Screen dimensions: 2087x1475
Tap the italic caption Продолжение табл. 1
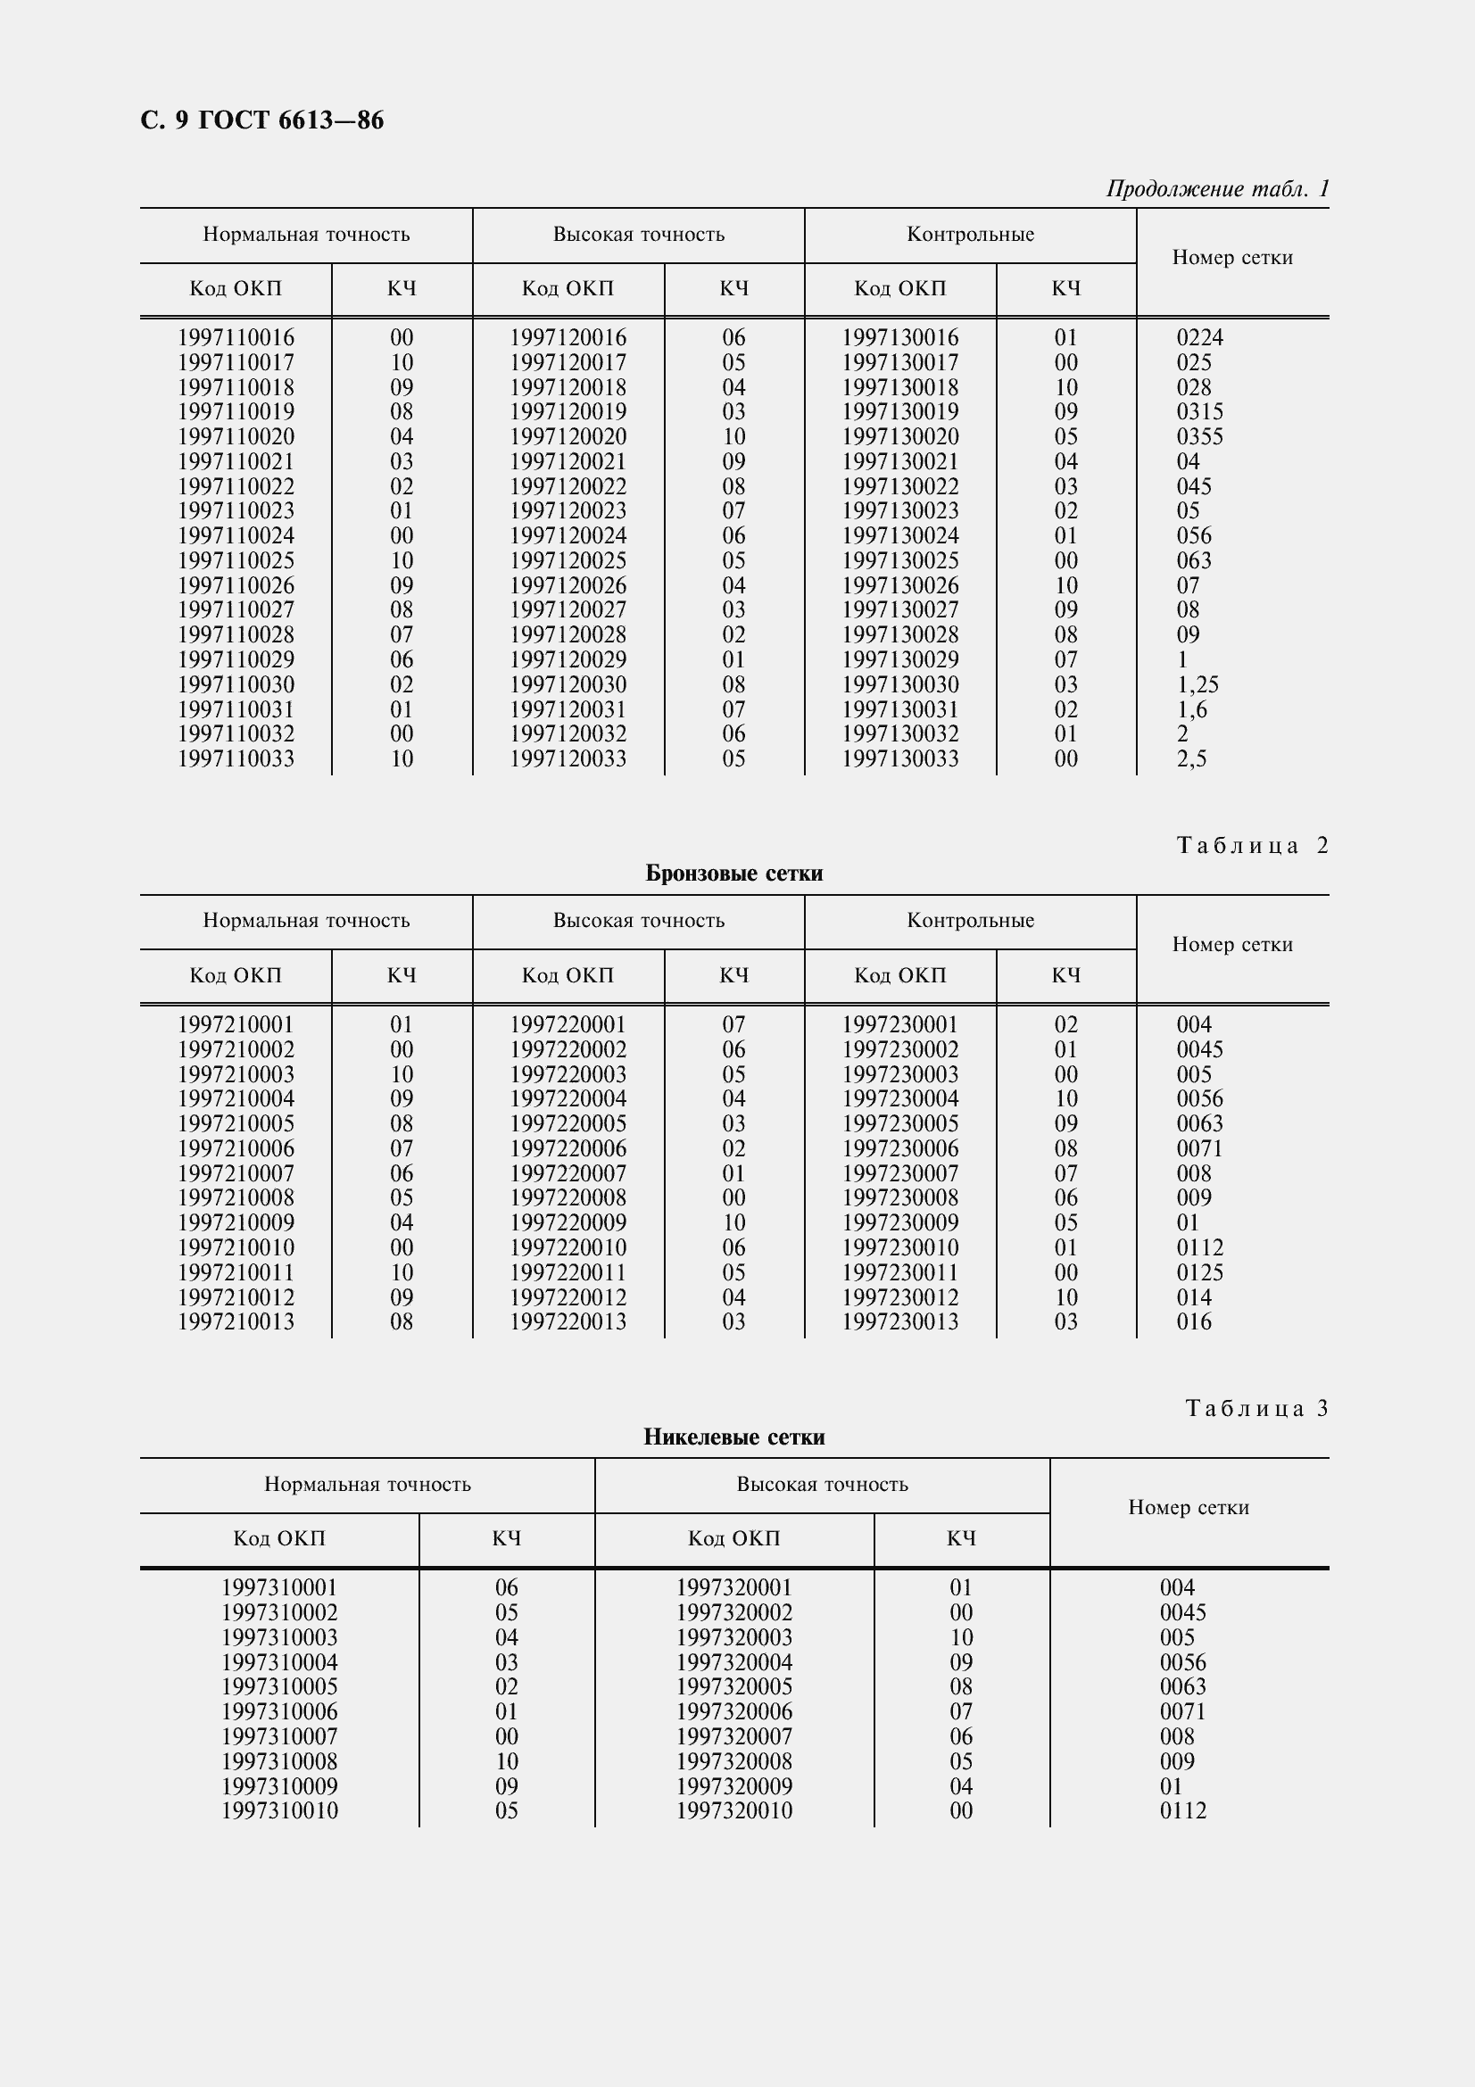1217,189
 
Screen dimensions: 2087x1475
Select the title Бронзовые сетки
733,874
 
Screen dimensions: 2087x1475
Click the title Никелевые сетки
733,1437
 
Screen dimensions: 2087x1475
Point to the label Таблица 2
1252,846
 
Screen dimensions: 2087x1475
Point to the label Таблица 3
1257,1409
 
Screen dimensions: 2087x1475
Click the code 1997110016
236,337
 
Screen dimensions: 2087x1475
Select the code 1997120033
568,758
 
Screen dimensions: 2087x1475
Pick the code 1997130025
899,560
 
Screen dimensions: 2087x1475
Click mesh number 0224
1199,337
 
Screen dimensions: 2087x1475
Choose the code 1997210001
236,1024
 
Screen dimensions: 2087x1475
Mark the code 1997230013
899,1321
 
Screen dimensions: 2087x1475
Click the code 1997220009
568,1222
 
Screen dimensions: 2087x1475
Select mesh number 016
1194,1321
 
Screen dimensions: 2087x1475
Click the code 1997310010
279,1810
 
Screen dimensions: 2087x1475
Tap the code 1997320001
733,1587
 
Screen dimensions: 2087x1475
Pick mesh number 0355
1199,436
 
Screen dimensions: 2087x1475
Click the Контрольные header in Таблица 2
970,921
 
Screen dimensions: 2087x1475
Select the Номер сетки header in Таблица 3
1188,1508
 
